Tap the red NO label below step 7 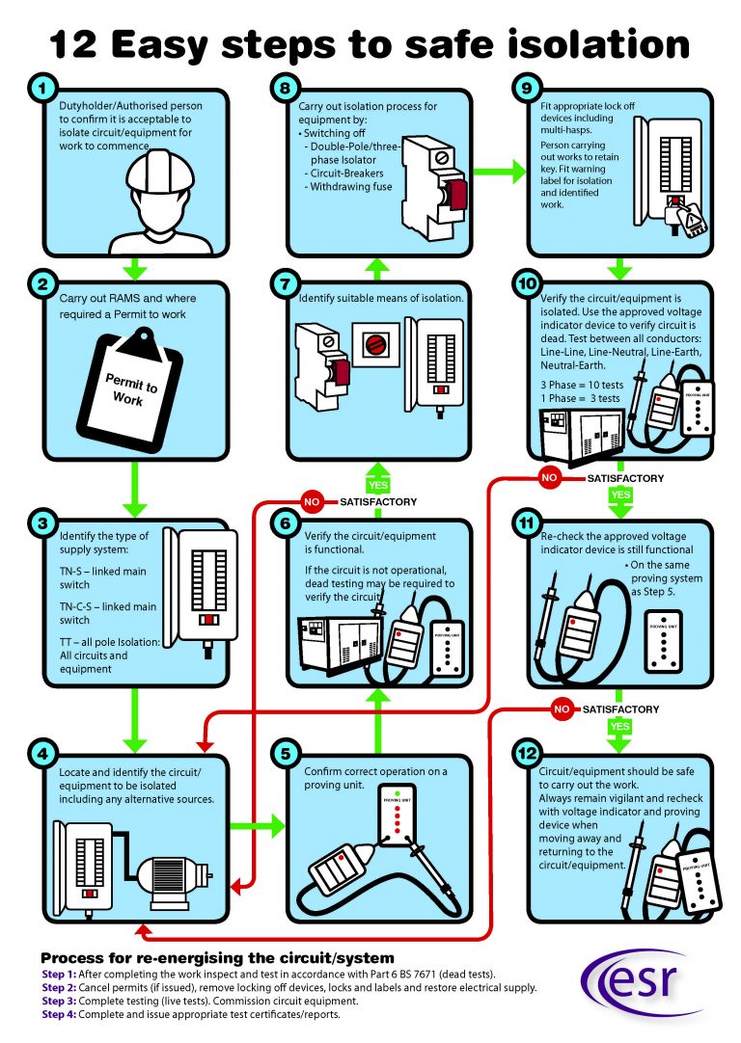[313, 502]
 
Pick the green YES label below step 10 [620, 495]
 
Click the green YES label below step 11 [620, 726]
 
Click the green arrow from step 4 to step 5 [261, 825]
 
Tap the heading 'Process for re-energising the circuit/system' [217, 958]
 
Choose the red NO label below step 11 [563, 710]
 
